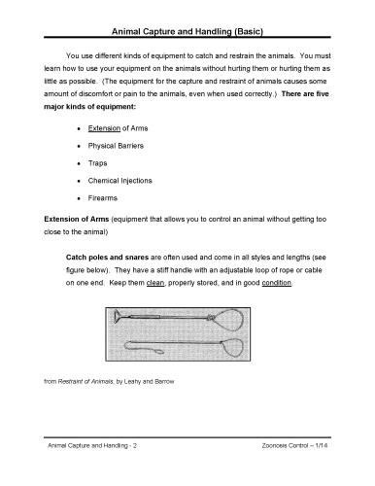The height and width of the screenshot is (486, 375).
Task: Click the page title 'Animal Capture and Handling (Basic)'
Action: coord(187,33)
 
